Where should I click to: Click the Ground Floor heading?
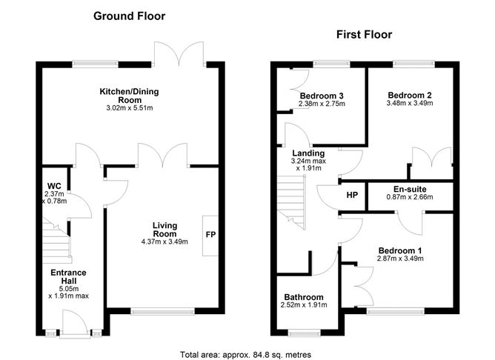tap(129, 16)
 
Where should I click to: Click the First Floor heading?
tap(364, 34)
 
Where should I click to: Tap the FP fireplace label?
tap(210, 236)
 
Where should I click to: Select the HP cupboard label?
tap(353, 196)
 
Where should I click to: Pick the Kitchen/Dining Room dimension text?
tap(130, 108)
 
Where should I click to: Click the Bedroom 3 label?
tap(322, 96)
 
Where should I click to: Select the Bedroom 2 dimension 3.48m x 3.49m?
tap(409, 103)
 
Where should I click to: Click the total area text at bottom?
tap(246, 354)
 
